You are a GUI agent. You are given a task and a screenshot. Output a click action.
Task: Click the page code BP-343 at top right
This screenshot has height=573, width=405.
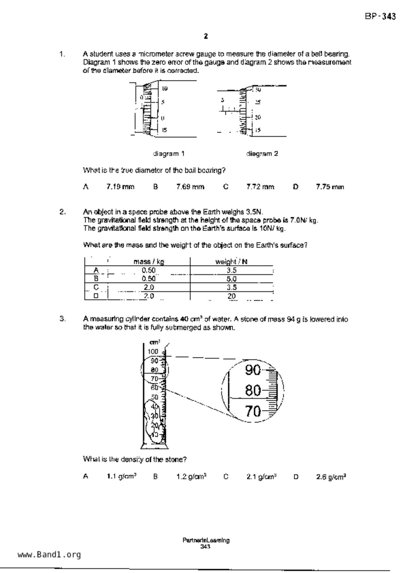tap(380, 16)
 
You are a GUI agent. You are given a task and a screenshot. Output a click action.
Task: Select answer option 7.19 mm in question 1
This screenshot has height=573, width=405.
tap(120, 187)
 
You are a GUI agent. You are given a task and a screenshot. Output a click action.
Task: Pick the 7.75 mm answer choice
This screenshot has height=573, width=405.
tap(330, 187)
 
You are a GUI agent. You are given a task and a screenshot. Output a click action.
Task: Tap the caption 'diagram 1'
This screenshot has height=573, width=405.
tap(169, 154)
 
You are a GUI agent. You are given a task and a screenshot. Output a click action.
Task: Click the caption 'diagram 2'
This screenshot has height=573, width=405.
tap(262, 154)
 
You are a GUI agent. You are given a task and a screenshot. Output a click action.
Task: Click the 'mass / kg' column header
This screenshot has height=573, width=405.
tap(149, 261)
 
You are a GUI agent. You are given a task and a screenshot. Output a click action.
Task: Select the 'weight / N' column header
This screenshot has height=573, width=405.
tap(231, 261)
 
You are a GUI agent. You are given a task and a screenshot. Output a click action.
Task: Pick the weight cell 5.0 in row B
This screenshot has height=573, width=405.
tap(231, 279)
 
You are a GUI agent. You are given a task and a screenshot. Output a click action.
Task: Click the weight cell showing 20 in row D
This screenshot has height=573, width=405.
tap(231, 296)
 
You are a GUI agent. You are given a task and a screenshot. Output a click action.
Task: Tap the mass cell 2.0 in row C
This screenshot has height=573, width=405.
tap(149, 287)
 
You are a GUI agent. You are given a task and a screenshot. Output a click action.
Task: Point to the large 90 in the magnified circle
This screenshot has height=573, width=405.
tap(253, 370)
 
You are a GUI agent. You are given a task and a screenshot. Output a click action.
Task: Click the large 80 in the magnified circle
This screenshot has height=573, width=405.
tap(253, 390)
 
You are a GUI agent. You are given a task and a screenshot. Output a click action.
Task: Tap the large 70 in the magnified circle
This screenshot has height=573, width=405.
tap(253, 411)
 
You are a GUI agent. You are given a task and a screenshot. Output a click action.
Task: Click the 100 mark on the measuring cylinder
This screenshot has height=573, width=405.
tap(153, 352)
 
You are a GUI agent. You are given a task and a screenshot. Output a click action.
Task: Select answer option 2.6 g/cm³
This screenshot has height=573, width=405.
tap(331, 477)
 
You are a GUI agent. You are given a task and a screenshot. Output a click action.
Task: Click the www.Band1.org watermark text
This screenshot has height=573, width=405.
tap(49, 554)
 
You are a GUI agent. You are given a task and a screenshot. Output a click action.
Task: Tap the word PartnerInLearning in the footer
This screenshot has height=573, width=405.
tap(206, 540)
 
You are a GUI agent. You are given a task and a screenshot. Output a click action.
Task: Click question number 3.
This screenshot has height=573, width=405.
tap(62, 319)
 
